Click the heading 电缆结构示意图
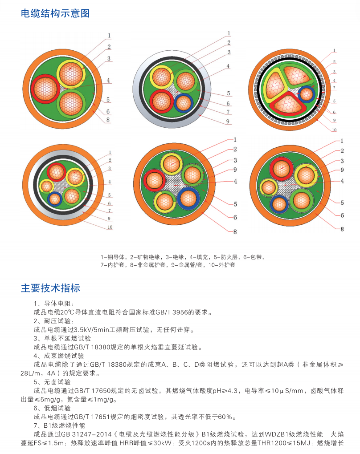click(x=55, y=13)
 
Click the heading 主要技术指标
click(x=50, y=288)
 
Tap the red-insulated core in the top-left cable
click(x=45, y=89)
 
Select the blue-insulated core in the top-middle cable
click(x=184, y=103)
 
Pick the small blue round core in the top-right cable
click(x=307, y=94)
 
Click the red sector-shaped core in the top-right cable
click(x=288, y=104)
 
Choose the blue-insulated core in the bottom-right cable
click(x=279, y=204)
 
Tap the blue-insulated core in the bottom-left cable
click(x=55, y=199)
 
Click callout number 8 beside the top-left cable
click(x=108, y=119)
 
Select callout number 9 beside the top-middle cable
click(x=228, y=122)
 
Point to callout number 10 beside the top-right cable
click(x=334, y=130)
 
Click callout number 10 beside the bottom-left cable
click(x=110, y=227)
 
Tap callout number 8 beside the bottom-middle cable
click(x=235, y=231)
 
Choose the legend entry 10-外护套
click(x=222, y=265)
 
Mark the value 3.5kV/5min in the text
click(x=90, y=330)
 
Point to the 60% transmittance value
click(x=225, y=417)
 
